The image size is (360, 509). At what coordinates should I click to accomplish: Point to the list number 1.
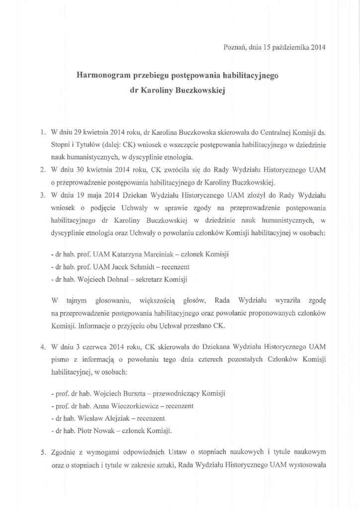click(x=43, y=133)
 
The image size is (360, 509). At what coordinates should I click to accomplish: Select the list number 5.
click(x=43, y=452)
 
